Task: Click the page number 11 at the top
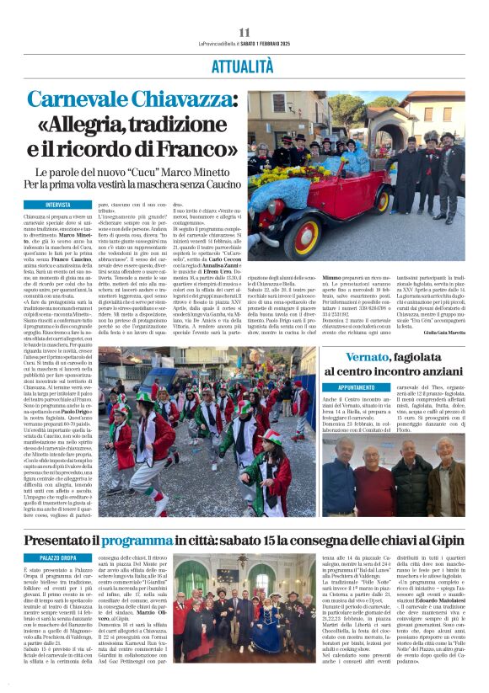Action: coord(244,33)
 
